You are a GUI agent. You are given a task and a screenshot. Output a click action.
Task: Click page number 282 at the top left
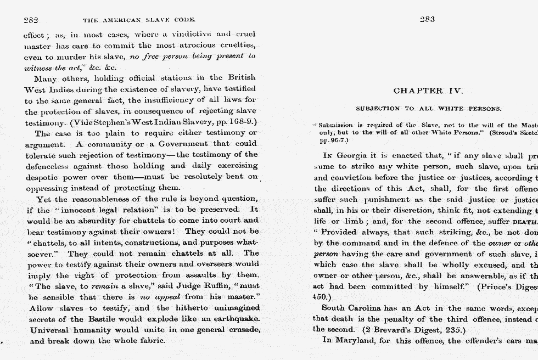click(x=31, y=20)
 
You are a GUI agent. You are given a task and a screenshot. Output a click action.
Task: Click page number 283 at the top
click(x=427, y=19)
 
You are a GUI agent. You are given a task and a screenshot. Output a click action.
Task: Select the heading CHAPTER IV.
click(x=428, y=91)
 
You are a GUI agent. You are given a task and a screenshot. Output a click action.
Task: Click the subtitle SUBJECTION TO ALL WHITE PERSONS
click(x=428, y=109)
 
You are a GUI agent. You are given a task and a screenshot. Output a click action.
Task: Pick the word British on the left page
click(x=241, y=78)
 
